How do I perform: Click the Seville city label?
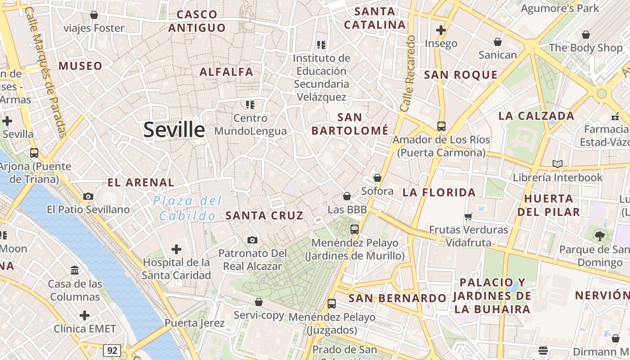click(x=174, y=130)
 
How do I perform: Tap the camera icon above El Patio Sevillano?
click(x=88, y=196)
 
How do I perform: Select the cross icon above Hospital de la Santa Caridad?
click(x=176, y=249)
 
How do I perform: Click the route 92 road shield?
click(x=112, y=350)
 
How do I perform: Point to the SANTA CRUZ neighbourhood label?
click(x=265, y=216)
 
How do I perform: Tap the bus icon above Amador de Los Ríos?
click(x=441, y=126)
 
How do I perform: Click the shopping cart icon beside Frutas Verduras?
click(x=468, y=216)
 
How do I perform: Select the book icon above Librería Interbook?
click(x=558, y=164)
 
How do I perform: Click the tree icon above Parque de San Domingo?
click(x=599, y=236)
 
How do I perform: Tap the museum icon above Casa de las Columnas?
click(x=75, y=270)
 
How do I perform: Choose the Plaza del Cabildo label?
click(x=188, y=208)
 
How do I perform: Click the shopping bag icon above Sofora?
click(x=378, y=178)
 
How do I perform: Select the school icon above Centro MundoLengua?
click(x=250, y=105)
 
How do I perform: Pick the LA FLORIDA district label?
click(x=439, y=193)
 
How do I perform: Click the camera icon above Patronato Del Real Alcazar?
click(x=252, y=240)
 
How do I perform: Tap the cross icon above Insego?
click(x=441, y=30)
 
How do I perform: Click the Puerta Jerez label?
click(x=194, y=323)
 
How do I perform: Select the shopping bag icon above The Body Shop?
click(x=586, y=35)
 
